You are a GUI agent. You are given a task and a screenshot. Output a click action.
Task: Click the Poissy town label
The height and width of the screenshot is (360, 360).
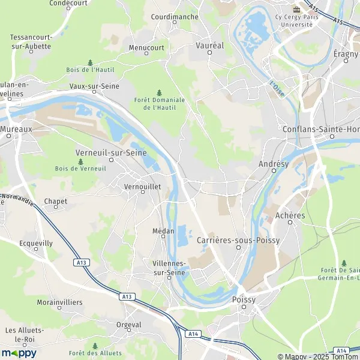(x=244, y=298)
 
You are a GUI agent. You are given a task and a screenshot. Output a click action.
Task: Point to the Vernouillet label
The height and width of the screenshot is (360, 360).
(x=142, y=187)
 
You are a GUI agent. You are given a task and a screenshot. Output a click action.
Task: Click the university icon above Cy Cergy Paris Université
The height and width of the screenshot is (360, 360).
(x=295, y=10)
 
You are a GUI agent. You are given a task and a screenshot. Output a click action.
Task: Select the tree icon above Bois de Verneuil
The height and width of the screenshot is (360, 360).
(x=80, y=161)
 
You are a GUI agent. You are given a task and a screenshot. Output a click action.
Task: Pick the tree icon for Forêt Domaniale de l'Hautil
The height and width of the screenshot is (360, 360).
(x=159, y=92)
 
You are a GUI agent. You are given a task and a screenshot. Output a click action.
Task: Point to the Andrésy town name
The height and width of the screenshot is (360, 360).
(x=274, y=163)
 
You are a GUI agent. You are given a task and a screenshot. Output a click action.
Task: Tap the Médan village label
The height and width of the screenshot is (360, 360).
(x=163, y=231)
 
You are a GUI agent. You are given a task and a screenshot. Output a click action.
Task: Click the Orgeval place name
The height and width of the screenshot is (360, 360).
(x=128, y=325)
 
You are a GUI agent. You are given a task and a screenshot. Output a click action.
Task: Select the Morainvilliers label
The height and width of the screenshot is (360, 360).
(x=59, y=302)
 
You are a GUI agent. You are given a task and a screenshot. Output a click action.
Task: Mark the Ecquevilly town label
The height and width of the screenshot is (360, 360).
(x=36, y=244)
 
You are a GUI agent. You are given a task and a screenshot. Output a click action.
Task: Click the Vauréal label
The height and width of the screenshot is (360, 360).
(x=209, y=45)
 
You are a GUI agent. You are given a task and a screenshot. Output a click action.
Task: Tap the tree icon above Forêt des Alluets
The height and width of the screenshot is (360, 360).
(x=94, y=346)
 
